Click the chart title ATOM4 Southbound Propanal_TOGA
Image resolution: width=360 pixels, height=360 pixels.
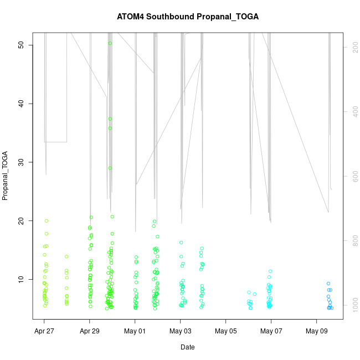(x=188, y=17)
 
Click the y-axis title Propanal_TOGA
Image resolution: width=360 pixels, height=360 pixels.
(x=6, y=175)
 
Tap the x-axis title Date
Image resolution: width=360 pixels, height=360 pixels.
(x=188, y=347)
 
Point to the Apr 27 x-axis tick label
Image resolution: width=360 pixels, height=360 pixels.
(x=44, y=331)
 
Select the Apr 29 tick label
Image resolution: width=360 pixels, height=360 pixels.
(x=90, y=331)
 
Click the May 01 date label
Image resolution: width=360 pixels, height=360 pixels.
(x=135, y=331)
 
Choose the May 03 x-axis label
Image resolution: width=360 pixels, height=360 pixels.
(x=181, y=331)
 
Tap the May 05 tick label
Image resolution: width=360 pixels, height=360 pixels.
(x=226, y=331)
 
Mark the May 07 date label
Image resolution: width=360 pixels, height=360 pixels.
(x=271, y=331)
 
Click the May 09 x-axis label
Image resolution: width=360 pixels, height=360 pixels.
(x=317, y=331)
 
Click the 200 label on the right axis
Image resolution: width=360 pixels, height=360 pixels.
(x=353, y=49)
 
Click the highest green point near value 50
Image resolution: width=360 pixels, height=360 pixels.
(x=110, y=43)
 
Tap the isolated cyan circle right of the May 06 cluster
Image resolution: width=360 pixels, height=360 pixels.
(x=255, y=294)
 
